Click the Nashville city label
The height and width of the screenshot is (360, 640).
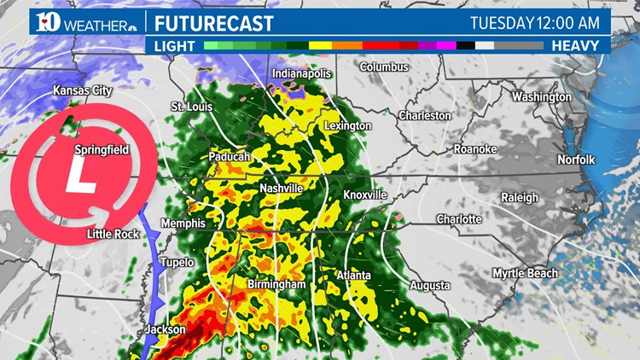[x=282, y=188]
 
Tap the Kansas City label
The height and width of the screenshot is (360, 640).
[x=84, y=90]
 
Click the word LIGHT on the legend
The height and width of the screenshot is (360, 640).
[x=175, y=44]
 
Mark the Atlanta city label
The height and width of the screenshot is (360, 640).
[x=352, y=275]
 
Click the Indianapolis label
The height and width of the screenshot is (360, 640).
[x=301, y=74]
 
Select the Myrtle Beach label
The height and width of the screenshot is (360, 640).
[x=525, y=273]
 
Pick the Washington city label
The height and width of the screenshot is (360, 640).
[x=542, y=96]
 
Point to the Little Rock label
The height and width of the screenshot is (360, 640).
[x=112, y=234]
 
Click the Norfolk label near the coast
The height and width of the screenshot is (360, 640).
[x=577, y=160]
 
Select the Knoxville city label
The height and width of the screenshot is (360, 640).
[x=365, y=195]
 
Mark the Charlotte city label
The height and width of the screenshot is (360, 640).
[x=459, y=219]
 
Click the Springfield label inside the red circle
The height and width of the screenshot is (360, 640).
[x=102, y=150]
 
